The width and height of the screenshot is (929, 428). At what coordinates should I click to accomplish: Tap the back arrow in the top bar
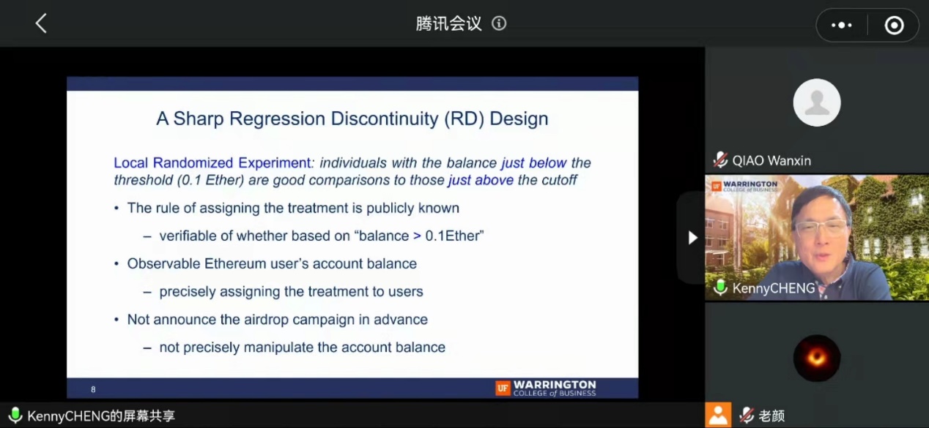pos(40,23)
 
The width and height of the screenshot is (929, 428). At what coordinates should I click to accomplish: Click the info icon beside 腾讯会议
pos(499,23)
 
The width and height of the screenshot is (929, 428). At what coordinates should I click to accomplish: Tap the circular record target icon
pos(894,26)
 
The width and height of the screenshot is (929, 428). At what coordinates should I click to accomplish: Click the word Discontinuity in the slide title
pos(384,119)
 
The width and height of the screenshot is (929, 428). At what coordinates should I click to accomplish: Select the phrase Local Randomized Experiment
pos(212,163)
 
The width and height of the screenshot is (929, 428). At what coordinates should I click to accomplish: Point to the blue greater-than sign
pos(417,236)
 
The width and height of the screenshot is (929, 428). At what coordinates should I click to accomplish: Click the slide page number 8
pos(93,389)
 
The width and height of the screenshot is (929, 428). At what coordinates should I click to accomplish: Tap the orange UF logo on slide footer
pos(503,388)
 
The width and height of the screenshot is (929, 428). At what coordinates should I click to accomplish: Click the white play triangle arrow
pos(692,237)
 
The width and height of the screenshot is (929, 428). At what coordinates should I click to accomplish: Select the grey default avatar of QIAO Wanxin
pos(817,102)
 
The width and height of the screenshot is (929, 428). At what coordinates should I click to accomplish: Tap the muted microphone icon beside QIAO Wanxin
pos(720,160)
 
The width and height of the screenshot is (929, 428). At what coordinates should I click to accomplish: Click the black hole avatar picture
pos(817,358)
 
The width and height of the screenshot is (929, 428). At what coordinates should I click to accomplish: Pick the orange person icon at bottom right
pos(718,415)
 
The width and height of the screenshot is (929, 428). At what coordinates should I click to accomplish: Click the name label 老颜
pos(771,416)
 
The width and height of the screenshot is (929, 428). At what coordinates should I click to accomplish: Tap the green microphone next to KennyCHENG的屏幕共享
pos(15,415)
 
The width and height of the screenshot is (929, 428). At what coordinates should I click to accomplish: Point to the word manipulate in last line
pos(278,348)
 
